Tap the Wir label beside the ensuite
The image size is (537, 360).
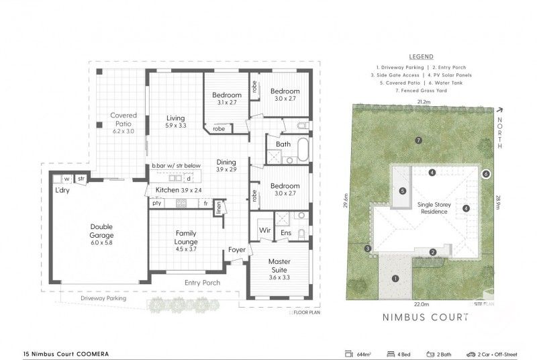264,232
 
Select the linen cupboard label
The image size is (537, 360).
218,208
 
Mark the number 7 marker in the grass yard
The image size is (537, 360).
418,140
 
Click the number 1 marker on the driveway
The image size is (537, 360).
395,278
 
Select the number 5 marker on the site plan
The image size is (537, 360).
403,191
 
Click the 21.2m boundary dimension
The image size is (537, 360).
423,102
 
